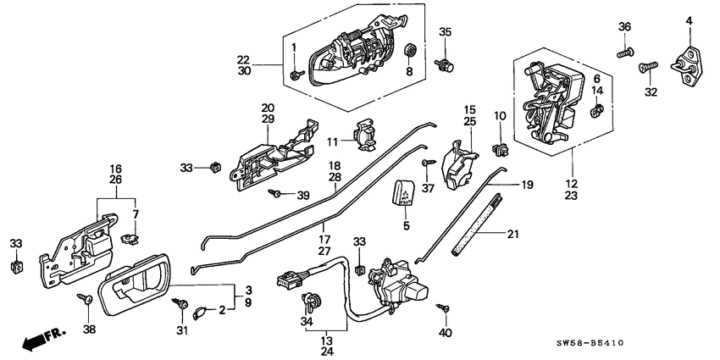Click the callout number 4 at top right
coord(689,20)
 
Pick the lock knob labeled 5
coord(403,194)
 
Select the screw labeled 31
coord(180,302)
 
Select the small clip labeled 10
coord(501,151)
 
